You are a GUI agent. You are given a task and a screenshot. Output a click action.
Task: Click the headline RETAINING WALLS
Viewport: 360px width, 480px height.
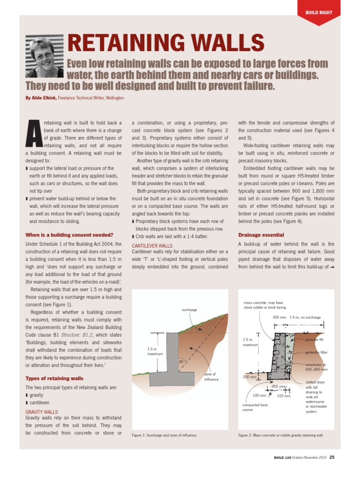162,44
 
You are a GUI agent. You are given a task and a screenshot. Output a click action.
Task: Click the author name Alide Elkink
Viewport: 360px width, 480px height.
44,98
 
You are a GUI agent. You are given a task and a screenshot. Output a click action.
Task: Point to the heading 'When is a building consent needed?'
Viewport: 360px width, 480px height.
69,235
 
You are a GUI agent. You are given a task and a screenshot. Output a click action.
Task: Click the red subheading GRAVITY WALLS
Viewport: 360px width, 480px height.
41,412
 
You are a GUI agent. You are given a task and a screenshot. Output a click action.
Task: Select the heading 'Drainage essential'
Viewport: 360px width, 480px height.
261,235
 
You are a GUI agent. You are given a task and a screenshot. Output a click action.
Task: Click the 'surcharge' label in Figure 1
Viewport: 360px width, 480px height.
189,310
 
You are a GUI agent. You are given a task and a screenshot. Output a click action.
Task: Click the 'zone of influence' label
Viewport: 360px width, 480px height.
211,377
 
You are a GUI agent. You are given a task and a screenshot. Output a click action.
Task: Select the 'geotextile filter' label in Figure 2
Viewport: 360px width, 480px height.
316,352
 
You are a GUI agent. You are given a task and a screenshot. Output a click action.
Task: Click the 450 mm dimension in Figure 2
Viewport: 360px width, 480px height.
279,386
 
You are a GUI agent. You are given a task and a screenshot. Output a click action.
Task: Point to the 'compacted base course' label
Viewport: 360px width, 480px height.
255,407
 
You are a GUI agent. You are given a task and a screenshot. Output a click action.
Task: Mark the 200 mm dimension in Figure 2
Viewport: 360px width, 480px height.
249,377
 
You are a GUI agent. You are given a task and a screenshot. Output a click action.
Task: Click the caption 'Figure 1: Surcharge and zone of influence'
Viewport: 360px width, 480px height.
165,435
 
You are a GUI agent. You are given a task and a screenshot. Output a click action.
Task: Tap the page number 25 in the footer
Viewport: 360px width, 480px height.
332,457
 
